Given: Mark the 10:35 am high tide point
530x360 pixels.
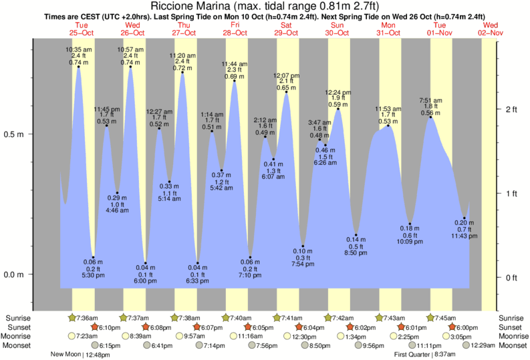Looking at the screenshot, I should point(79,67).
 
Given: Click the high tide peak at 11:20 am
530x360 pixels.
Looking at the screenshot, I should point(182,72).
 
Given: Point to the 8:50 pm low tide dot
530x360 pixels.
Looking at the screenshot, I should point(356,236).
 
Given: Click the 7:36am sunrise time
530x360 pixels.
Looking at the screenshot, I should point(88,318).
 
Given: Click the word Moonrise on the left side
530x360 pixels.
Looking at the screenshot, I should point(20,336).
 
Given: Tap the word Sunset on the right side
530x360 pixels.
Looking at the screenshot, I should point(510,327).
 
